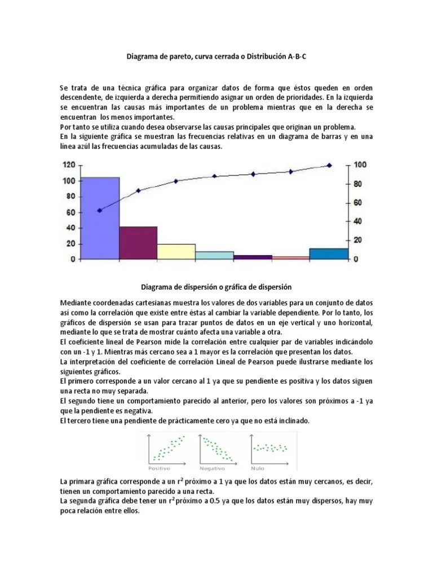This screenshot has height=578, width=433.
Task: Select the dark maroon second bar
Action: click(x=138, y=243)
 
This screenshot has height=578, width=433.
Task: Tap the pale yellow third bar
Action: click(x=176, y=251)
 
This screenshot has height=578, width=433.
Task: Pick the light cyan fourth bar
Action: click(x=214, y=255)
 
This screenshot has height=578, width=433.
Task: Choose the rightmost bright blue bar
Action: click(x=329, y=253)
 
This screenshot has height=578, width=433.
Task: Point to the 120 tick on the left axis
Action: click(x=69, y=165)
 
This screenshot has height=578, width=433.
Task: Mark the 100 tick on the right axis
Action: click(x=360, y=164)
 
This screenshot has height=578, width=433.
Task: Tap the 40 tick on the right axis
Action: click(x=357, y=221)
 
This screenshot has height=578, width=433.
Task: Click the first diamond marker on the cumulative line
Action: click(x=100, y=210)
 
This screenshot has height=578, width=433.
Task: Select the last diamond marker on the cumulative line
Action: click(x=329, y=165)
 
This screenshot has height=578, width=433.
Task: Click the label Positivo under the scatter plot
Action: click(x=159, y=468)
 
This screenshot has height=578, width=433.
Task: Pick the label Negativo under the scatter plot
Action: click(x=212, y=468)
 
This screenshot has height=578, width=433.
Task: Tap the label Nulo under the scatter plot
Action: click(x=258, y=468)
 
